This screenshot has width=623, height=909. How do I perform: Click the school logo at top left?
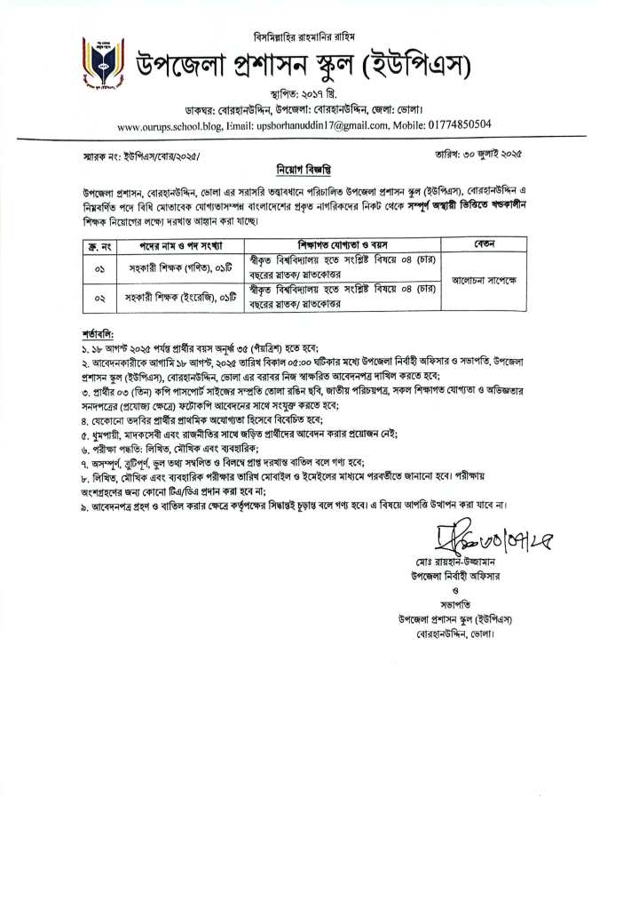pyautogui.click(x=98, y=65)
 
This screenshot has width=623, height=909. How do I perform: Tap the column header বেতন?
pyautogui.click(x=485, y=243)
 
